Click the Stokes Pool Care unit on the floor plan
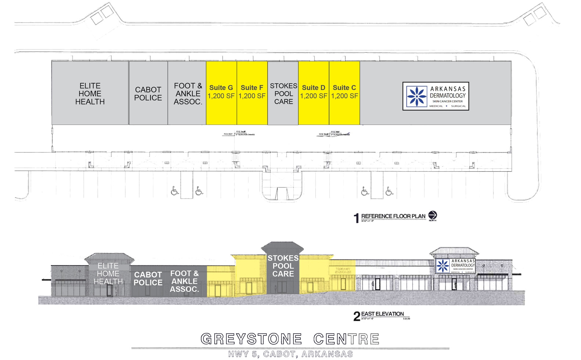(x=283, y=93)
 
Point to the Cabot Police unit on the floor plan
(x=148, y=93)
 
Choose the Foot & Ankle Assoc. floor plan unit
(x=188, y=93)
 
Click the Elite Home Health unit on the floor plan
(x=90, y=93)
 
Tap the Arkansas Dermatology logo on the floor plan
(x=435, y=96)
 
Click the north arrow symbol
(x=432, y=215)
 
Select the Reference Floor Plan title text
(x=393, y=216)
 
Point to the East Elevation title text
(x=382, y=314)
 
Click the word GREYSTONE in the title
(x=251, y=339)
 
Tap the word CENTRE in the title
(x=346, y=339)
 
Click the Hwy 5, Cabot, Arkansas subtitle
(x=290, y=354)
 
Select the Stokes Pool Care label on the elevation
(x=283, y=266)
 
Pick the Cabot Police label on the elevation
(x=148, y=279)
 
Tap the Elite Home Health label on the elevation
(x=108, y=274)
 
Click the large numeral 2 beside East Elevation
(x=357, y=316)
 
